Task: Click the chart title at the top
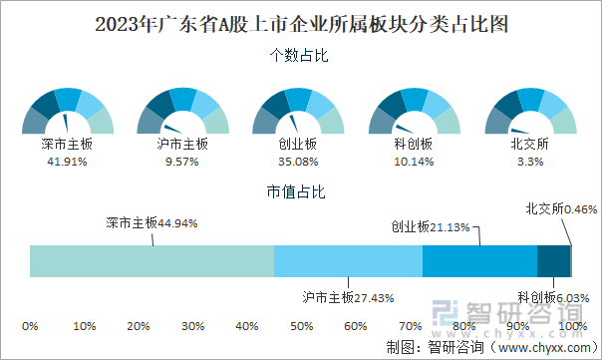tap(301, 21)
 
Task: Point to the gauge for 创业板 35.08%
tap(298, 112)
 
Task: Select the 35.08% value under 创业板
tap(298, 161)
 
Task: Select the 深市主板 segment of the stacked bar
tap(151, 260)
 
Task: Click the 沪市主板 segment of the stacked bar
tap(348, 260)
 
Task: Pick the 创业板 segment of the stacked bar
tap(479, 260)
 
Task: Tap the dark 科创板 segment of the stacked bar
tap(553, 260)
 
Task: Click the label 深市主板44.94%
tap(151, 223)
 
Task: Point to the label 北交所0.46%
tap(560, 209)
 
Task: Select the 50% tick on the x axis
tap(301, 326)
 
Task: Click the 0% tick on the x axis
tap(30, 326)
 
